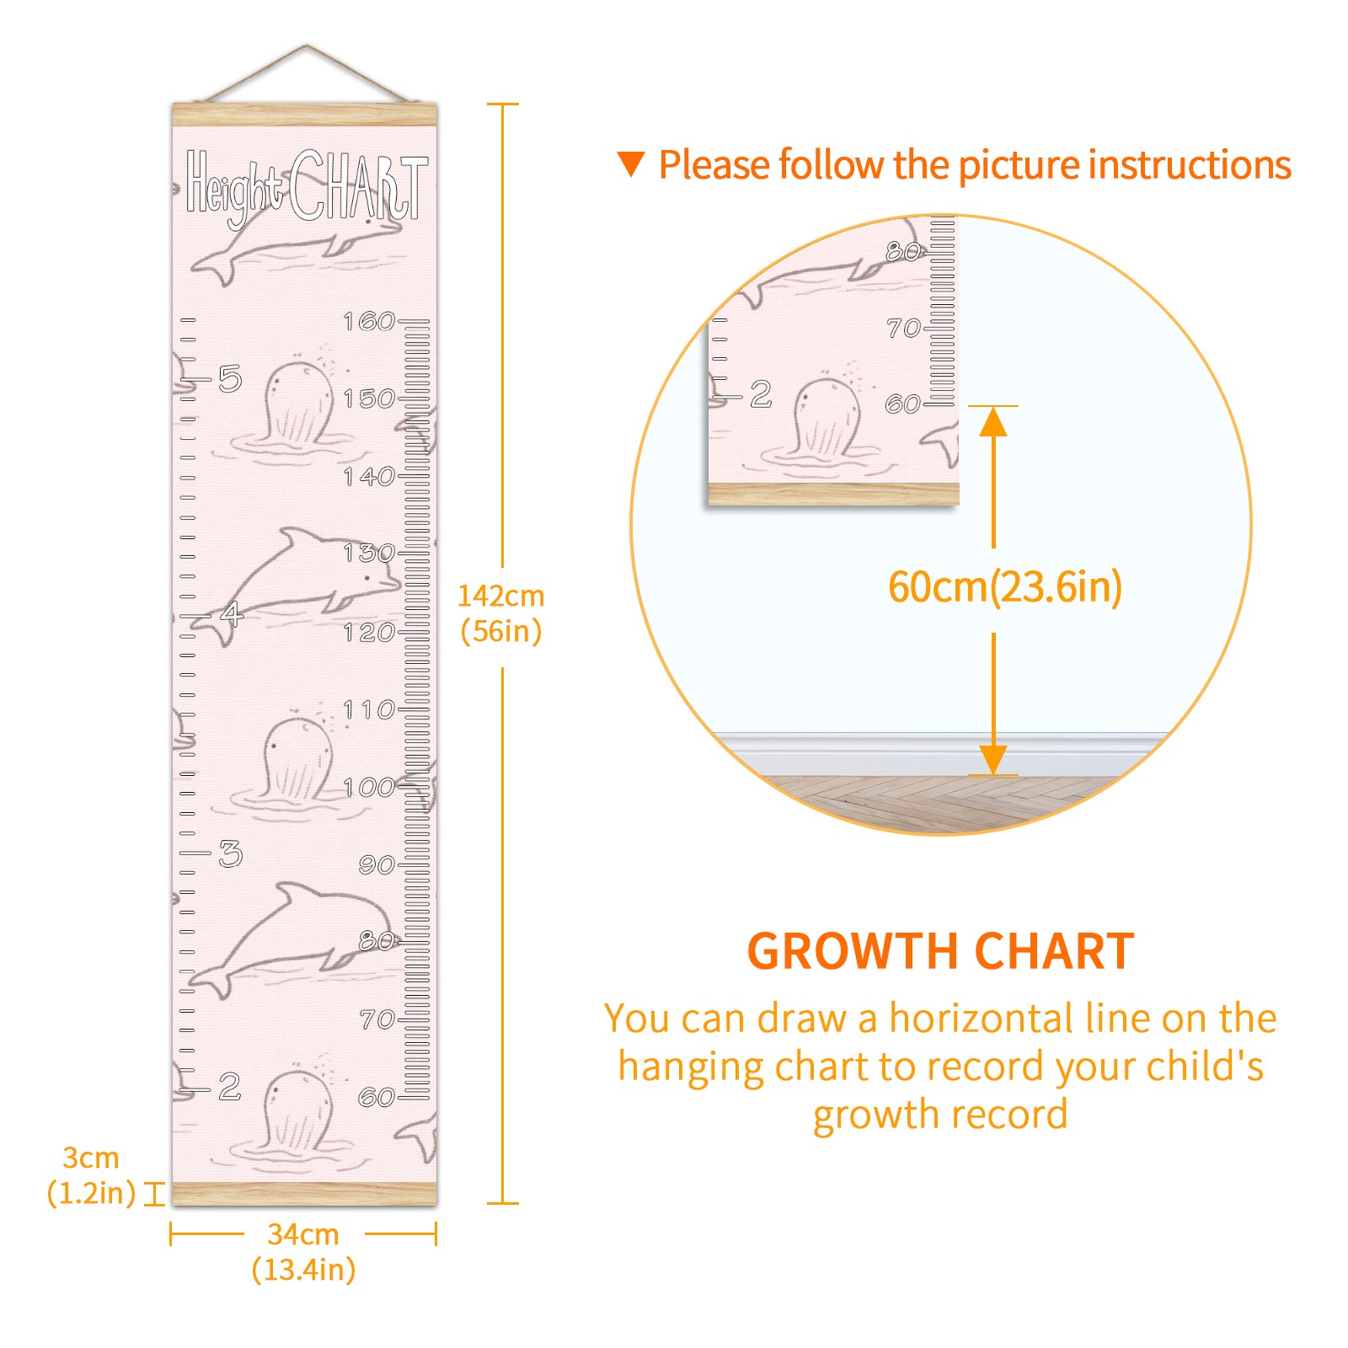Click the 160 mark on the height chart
[369, 321]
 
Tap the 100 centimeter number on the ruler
[369, 788]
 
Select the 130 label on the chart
[369, 553]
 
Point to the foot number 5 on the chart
[230, 379]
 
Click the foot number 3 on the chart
[230, 853]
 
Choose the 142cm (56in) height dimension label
[501, 613]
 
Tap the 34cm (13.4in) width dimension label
[303, 1252]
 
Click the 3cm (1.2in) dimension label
[91, 1175]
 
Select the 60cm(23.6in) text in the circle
[1005, 587]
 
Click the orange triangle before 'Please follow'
[631, 164]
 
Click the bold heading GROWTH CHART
[940, 952]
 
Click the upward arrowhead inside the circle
[993, 420]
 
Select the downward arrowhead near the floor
[993, 760]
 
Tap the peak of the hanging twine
[307, 45]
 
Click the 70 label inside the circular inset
[903, 328]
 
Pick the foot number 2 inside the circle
[761, 393]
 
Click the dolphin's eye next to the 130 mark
[368, 580]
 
